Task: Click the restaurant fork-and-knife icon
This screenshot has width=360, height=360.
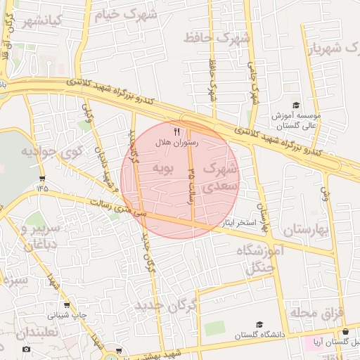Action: pos(176,131)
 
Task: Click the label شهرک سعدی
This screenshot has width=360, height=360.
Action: pos(220,179)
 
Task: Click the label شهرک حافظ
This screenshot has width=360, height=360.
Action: pos(217,37)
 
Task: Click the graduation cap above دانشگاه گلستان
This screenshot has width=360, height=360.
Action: pos(260,325)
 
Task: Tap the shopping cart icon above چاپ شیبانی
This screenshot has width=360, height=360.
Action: pos(67,306)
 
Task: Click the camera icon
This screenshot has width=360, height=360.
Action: pos(26,349)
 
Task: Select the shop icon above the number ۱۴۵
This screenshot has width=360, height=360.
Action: pos(43,178)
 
